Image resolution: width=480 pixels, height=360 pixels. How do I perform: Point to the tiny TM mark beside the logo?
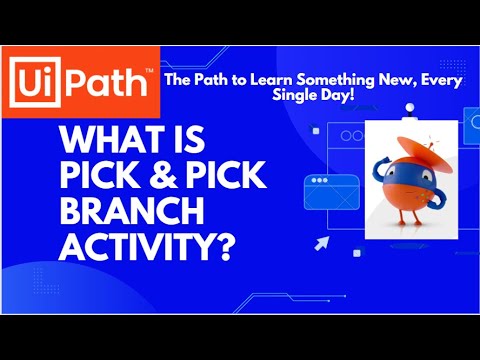pos(149,70)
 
